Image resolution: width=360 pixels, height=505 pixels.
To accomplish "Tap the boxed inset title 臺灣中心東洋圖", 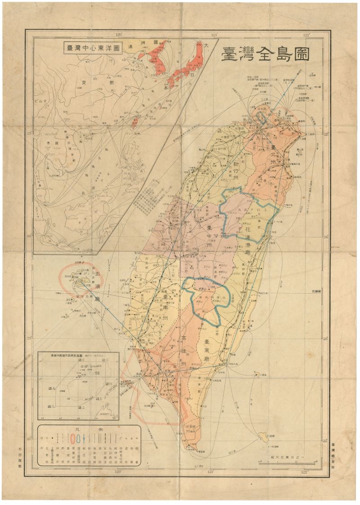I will [x=93, y=48].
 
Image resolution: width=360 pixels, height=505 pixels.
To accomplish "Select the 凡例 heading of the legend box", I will [x=89, y=429].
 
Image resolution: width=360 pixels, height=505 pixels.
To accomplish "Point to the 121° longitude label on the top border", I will [x=213, y=35].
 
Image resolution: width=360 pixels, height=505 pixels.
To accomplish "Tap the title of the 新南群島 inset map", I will [x=79, y=354].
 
